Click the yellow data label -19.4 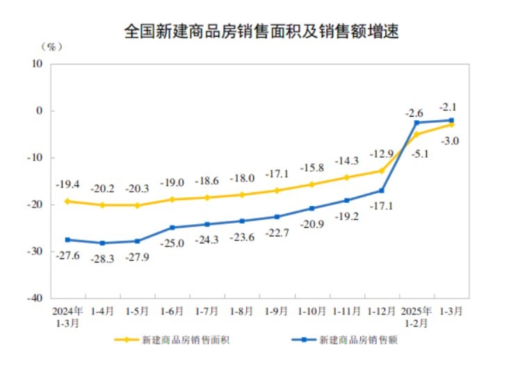pyautogui.click(x=67, y=185)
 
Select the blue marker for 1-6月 pyautogui.click(x=172, y=227)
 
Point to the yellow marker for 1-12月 pyautogui.click(x=382, y=170)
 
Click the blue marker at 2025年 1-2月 pyautogui.click(x=416, y=123)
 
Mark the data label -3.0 pyautogui.click(x=450, y=140)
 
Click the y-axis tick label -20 pyautogui.click(x=35, y=204)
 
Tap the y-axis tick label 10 pyautogui.click(x=38, y=63)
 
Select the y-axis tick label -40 pyautogui.click(x=35, y=297)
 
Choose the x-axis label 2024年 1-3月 pyautogui.click(x=67, y=316)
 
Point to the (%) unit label pyautogui.click(x=51, y=47)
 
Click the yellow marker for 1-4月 pyautogui.click(x=102, y=205)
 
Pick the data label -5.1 pyautogui.click(x=419, y=154)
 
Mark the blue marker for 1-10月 pyautogui.click(x=311, y=208)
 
